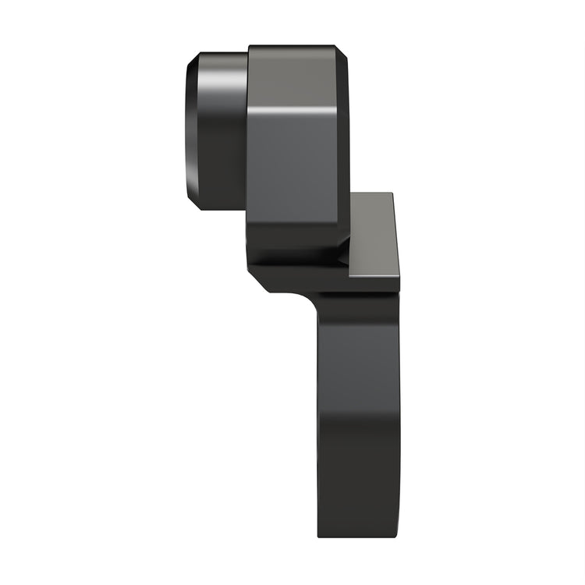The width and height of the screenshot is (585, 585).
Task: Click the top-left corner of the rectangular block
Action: (250, 47)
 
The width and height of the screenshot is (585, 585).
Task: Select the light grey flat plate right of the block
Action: (373, 234)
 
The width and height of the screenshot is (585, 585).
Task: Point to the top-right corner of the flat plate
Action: (391, 194)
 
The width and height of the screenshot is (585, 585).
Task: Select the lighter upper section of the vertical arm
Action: (359, 351)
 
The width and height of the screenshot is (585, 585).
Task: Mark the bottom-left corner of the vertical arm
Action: (319, 536)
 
